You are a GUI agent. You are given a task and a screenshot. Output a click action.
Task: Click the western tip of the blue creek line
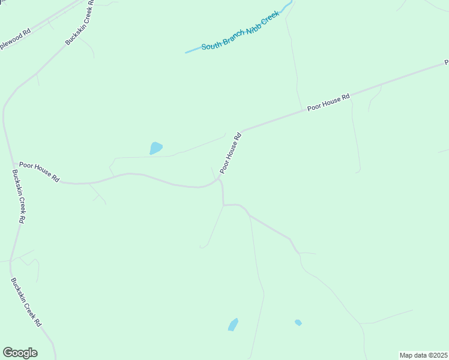186,53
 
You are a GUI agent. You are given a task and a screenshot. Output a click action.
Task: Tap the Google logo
20,353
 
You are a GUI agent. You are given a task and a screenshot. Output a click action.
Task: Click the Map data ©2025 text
424,355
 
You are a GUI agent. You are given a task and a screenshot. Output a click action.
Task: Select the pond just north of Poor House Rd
155,148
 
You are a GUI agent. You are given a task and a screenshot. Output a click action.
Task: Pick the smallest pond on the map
298,323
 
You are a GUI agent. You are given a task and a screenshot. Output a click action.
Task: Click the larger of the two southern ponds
233,325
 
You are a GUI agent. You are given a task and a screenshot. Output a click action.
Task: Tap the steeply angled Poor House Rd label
231,153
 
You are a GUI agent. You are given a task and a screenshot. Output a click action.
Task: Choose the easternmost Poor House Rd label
328,102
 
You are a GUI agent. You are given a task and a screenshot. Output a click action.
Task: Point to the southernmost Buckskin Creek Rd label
26,302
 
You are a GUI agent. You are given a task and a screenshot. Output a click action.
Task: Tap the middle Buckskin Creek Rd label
18,196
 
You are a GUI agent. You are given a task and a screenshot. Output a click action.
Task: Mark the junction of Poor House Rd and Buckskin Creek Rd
14,163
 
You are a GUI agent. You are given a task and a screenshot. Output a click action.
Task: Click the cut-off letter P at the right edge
446,62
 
